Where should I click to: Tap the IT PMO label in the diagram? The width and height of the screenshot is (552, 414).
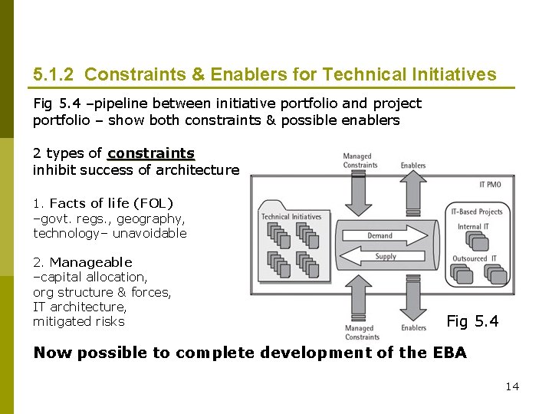pos(491,184)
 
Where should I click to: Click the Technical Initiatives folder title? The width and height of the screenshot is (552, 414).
pos(291,217)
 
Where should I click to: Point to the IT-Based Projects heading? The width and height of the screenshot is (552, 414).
pos(477,212)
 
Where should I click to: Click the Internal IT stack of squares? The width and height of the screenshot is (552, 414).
pos(478,242)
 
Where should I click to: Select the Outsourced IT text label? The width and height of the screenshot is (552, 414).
pos(475,258)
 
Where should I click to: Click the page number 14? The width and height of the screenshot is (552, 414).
pos(512,386)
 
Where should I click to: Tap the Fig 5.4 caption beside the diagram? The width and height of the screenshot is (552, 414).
pos(472,321)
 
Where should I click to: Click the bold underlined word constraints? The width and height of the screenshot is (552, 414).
pos(151,153)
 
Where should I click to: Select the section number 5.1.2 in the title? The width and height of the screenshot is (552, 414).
pos(54,74)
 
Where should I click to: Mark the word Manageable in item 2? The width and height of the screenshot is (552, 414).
pos(90,262)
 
